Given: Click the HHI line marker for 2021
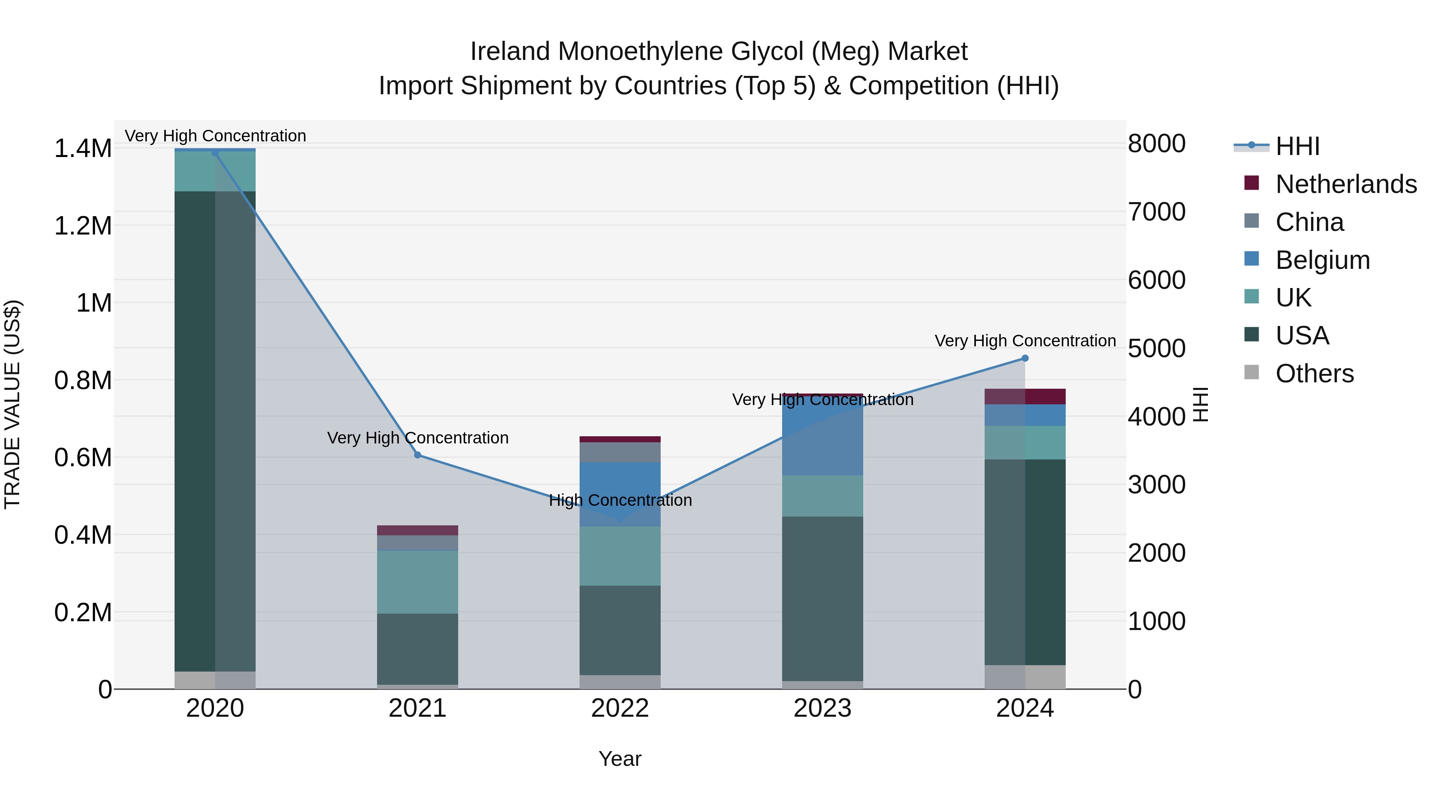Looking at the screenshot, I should coord(417,455).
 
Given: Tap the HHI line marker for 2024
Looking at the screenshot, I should coord(1025,358).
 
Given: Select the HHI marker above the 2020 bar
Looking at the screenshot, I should coord(215,153).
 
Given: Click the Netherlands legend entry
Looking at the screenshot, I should coord(1346,184).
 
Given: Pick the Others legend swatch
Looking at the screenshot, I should coord(1252,372).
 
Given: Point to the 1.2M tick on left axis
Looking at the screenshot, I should coord(83,226).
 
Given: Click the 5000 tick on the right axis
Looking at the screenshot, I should coord(1156,348).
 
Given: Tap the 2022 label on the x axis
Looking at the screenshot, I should coord(620,708).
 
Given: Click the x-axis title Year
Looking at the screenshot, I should coord(620,759).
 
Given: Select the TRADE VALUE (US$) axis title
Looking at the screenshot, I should coord(12,404).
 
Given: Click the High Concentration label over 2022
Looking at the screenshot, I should coord(620,500).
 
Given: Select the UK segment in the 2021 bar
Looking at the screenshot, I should coord(417,582).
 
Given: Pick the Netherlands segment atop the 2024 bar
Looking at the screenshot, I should coord(1025,396).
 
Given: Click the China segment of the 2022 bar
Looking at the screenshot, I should coord(620,452).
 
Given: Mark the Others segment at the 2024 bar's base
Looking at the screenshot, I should coord(1025,677).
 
